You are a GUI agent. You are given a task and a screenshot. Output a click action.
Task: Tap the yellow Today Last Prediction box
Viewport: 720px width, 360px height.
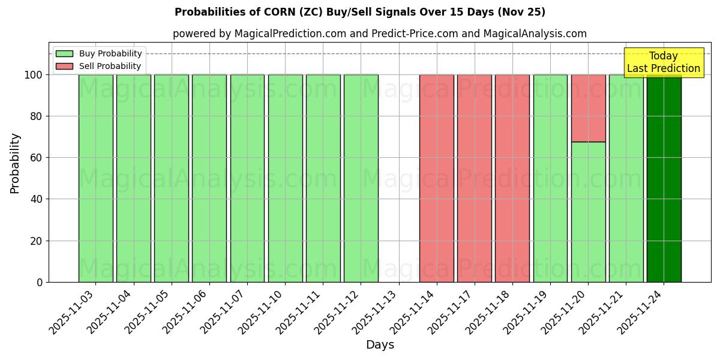[663, 62]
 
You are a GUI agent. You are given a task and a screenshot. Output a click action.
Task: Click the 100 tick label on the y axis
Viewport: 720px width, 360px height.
[33, 75]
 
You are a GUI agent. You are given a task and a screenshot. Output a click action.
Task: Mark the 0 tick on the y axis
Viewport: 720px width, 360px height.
[40, 282]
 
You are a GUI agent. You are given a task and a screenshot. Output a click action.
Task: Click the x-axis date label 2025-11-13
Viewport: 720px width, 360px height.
[377, 311]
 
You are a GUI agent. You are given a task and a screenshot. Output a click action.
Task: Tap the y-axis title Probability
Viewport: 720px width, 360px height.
[15, 163]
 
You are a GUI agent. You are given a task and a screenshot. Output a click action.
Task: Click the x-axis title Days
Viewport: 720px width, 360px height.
[380, 345]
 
